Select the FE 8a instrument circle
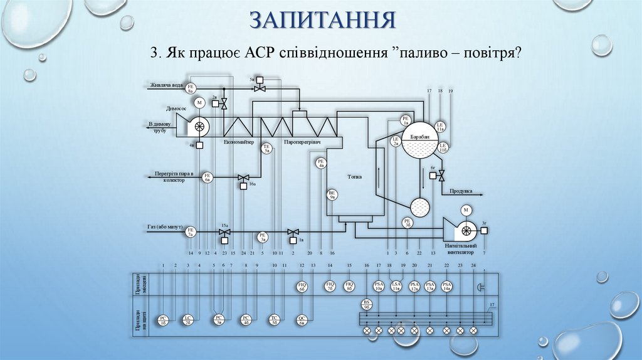pyautogui.click(x=192, y=88)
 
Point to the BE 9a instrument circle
pyautogui.click(x=332, y=195)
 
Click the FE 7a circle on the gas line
pyautogui.click(x=191, y=232)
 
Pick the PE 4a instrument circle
pyautogui.click(x=320, y=164)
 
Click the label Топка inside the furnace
pyautogui.click(x=355, y=177)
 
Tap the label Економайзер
pyautogui.click(x=239, y=142)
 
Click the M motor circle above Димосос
pyautogui.click(x=199, y=102)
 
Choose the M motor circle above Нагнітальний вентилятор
pyautogui.click(x=465, y=209)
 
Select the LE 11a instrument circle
pyautogui.click(x=440, y=126)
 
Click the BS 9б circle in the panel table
pyautogui.click(x=367, y=304)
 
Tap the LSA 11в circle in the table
pyautogui.click(x=396, y=287)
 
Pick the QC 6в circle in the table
pyautogui.click(x=302, y=319)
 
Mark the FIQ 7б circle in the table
pyautogui.click(x=330, y=287)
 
